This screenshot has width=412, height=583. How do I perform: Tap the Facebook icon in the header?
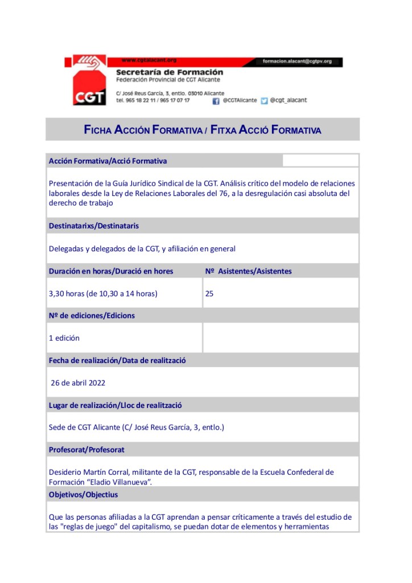coord(216,101)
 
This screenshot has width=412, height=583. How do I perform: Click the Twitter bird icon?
coord(264,101)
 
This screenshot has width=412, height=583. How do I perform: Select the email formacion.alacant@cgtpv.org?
coord(298,61)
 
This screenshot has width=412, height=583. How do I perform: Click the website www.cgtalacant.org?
coord(149,60)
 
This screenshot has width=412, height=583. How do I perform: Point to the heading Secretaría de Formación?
coord(169,72)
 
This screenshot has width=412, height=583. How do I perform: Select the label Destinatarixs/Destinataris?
coord(94,226)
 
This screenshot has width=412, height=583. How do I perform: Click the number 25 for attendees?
coord(209,294)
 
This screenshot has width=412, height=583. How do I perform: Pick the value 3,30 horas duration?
coord(103,294)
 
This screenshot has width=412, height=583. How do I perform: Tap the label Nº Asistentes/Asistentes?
coord(248,271)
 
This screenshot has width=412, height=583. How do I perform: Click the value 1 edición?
coord(64,338)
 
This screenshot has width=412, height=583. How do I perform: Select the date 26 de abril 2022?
coord(78,383)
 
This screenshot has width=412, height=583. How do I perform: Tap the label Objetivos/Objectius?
coord(83,495)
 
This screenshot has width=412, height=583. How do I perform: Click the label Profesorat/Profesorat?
coord(86,450)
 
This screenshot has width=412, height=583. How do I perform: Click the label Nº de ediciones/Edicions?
coord(92,315)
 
